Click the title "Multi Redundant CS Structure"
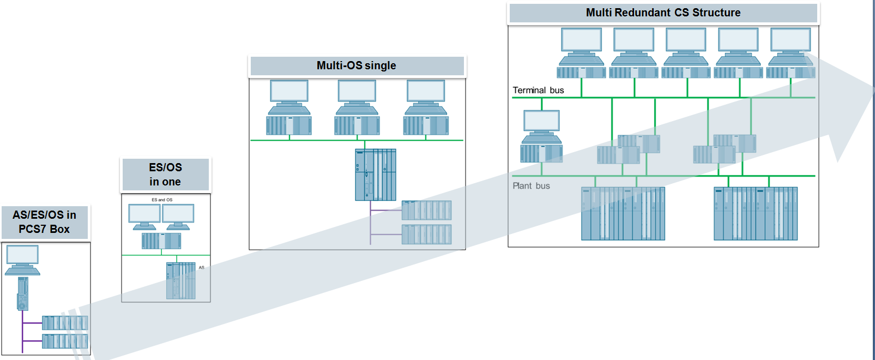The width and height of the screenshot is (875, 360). tap(663, 13)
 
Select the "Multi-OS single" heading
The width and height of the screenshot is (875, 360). tap(357, 65)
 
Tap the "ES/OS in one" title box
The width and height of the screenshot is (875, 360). tap(165, 175)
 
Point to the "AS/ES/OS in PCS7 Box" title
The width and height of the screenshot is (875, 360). tap(45, 222)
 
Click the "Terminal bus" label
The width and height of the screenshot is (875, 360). tap(538, 90)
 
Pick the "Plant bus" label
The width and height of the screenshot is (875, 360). tap(531, 186)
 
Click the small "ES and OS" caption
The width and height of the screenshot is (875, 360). tap(162, 200)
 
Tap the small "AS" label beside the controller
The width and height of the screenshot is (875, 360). tap(201, 267)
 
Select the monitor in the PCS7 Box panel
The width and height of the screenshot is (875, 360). tap(22, 255)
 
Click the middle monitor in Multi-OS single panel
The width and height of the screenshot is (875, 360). tap(357, 91)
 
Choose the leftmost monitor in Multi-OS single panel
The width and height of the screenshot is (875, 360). tap(289, 91)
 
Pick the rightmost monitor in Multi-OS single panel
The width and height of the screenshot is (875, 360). tap(426, 91)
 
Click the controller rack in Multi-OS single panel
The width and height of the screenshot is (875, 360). tap(376, 175)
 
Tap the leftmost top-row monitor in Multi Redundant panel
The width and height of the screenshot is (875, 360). tap(582, 40)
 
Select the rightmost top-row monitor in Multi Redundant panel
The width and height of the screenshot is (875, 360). tap(790, 40)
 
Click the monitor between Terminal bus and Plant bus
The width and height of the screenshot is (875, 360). tap(541, 121)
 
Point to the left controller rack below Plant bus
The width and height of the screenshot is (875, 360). tap(623, 213)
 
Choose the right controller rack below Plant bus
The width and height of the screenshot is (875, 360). tap(756, 213)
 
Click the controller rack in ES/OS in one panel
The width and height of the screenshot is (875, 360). tap(181, 280)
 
